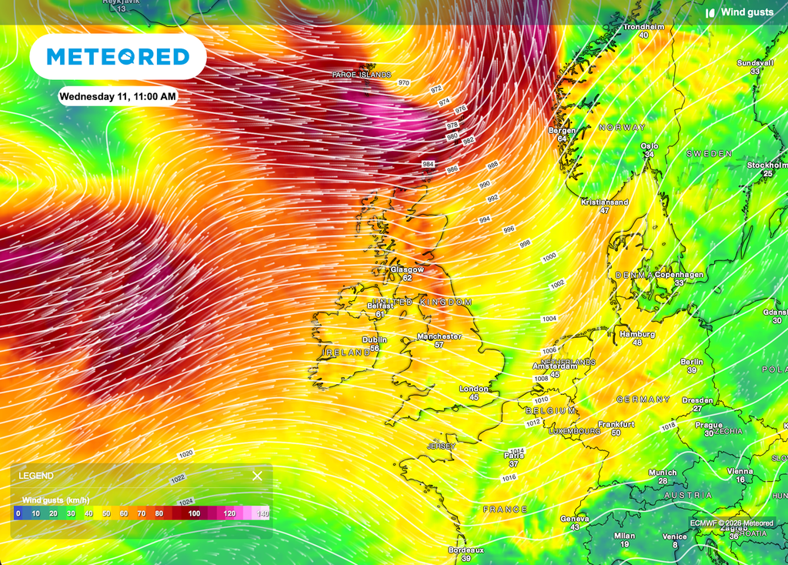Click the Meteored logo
click(x=118, y=56)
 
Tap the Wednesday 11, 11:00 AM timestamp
click(x=118, y=97)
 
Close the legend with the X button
click(x=257, y=476)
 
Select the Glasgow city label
click(x=407, y=269)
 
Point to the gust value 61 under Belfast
click(x=380, y=314)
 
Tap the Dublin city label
click(x=375, y=339)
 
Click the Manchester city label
click(x=439, y=336)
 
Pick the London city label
click(x=474, y=389)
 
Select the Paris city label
click(x=513, y=456)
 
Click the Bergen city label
click(x=562, y=130)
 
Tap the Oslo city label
click(x=650, y=145)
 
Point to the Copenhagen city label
click(x=679, y=275)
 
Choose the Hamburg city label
click(x=637, y=334)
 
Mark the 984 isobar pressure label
click(x=428, y=165)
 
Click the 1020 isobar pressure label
click(x=185, y=454)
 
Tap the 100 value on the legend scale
click(x=195, y=513)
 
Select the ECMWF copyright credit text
click(x=732, y=523)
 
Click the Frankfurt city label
click(x=616, y=424)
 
